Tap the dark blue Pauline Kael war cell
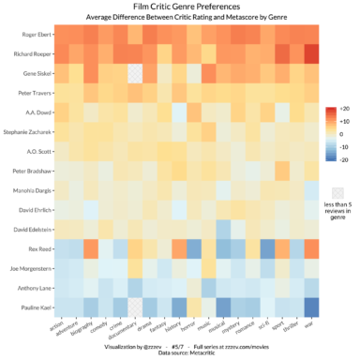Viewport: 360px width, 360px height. (311, 307)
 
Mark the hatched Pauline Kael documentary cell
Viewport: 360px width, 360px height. (136, 307)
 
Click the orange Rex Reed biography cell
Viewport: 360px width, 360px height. (92, 248)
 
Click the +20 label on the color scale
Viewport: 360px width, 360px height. (344, 109)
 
